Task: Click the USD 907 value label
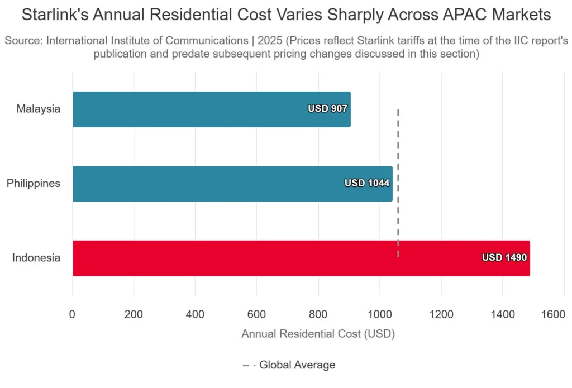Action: tap(327, 109)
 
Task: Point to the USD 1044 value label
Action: tap(366, 183)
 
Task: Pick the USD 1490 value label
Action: tap(504, 258)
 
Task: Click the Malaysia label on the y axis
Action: tap(38, 109)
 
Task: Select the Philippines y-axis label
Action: tap(34, 183)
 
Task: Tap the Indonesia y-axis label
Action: tap(36, 258)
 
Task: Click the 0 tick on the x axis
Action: tap(72, 314)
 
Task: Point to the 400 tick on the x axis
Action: tap(195, 314)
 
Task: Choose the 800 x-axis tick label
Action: tap(318, 314)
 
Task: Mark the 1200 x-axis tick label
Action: tap(441, 314)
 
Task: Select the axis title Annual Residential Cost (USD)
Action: tap(318, 334)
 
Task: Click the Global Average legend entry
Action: tap(296, 365)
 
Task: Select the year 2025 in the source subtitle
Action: tap(269, 41)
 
